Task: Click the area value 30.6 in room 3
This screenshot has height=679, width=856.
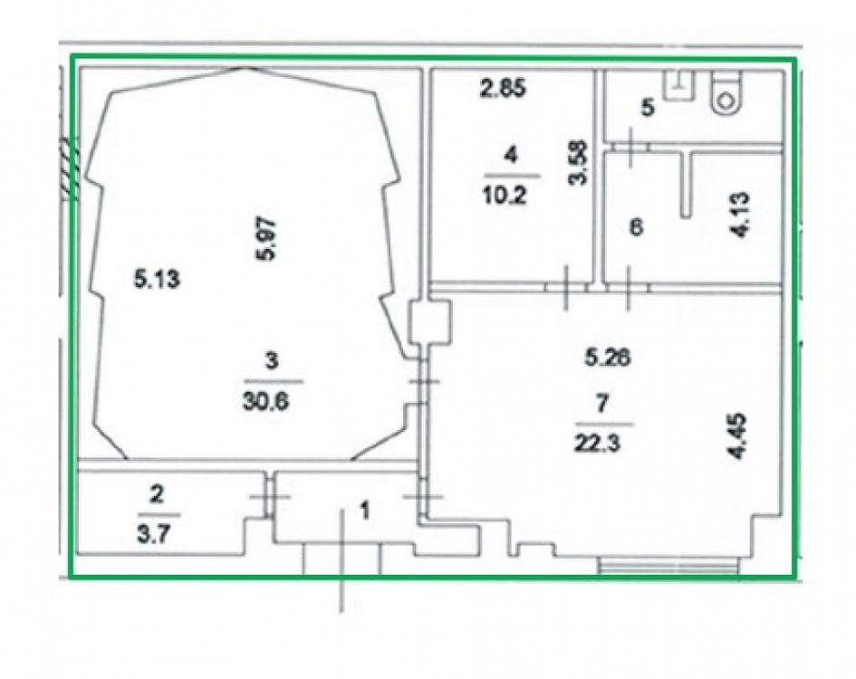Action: tap(265, 402)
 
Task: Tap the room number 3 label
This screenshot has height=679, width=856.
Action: tap(272, 360)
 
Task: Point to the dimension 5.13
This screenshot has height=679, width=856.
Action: tap(158, 280)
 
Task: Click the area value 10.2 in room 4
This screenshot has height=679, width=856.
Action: tap(505, 195)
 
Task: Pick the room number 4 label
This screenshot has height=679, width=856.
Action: tap(511, 155)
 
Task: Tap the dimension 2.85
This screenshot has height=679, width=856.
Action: tap(504, 88)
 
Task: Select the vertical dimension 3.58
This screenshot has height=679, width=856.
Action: tap(578, 163)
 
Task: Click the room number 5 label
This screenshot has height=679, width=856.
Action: tap(648, 107)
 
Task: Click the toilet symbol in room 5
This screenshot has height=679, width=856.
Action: tap(726, 93)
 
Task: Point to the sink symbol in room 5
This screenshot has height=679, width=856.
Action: tap(678, 85)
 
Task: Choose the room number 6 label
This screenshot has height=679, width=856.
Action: tap(637, 226)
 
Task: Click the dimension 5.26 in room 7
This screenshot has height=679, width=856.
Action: tap(608, 358)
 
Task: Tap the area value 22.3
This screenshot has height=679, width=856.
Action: tap(597, 444)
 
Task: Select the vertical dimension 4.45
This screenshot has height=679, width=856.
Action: tap(738, 436)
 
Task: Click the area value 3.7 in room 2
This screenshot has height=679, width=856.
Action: tap(153, 534)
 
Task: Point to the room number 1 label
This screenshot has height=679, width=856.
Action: tap(365, 511)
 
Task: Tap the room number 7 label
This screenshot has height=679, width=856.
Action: tap(601, 404)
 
